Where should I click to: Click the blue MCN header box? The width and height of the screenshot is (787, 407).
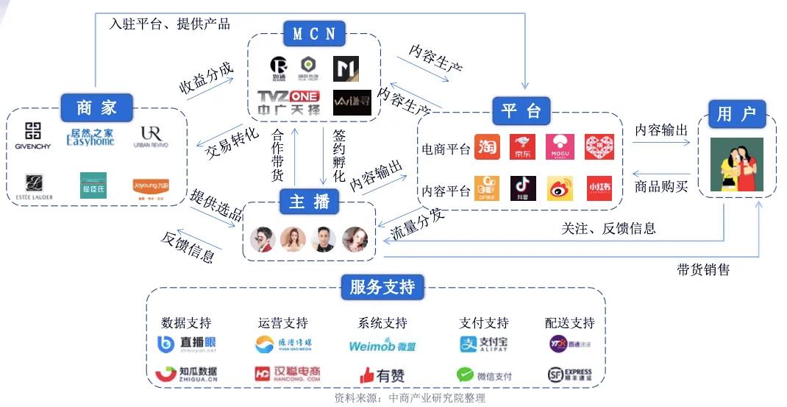314,34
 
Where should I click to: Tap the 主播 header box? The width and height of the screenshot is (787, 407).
309,201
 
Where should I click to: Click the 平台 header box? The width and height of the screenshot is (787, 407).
521,111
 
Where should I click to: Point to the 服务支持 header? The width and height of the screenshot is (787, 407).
382,287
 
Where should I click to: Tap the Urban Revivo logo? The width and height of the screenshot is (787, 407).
151,136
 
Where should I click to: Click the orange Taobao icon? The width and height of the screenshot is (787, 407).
487,147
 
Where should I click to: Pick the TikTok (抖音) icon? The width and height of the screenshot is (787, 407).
523,188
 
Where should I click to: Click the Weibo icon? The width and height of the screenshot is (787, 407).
560,188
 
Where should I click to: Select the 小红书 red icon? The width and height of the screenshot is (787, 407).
599,188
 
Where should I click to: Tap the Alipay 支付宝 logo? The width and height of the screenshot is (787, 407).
483,344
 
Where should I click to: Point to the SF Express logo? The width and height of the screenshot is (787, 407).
570,375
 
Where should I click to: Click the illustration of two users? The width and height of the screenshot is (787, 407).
736,164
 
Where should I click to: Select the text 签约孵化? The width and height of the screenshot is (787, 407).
339,156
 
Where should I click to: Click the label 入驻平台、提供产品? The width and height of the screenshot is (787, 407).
169,24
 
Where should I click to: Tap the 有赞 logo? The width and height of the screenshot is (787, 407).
382,375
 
